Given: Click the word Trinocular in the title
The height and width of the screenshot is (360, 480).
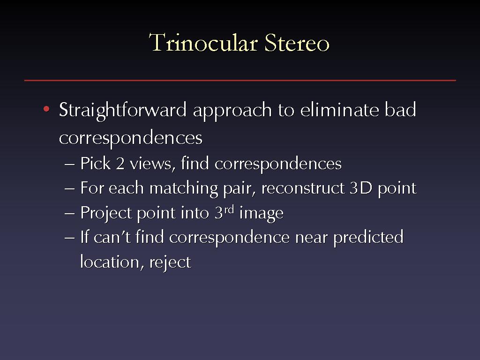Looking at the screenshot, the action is click(x=203, y=43).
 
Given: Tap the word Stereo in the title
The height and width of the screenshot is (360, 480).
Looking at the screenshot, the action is click(x=297, y=43).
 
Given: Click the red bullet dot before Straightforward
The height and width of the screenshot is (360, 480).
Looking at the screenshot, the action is click(x=46, y=109).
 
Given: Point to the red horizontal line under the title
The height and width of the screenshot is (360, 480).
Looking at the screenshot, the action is click(x=240, y=80).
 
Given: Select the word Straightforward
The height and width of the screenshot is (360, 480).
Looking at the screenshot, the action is click(x=122, y=110).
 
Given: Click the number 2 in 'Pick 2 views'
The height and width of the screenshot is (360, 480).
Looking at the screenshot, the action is click(x=120, y=163).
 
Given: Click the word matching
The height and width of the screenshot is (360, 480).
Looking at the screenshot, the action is click(x=184, y=188).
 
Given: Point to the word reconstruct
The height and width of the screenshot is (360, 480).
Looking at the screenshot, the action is click(x=303, y=188).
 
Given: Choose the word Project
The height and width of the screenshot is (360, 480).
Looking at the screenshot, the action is click(x=106, y=213).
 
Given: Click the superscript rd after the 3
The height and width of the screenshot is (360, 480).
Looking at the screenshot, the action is click(x=229, y=210).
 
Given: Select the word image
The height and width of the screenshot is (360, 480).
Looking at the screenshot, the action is click(x=261, y=213).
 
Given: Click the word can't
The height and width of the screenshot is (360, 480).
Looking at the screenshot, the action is click(x=112, y=237).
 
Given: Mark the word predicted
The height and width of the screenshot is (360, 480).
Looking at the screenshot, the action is click(x=368, y=238).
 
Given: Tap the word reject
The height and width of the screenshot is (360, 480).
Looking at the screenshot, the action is click(x=170, y=262).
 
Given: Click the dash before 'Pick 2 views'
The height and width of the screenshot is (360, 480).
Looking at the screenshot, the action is click(x=69, y=165).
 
